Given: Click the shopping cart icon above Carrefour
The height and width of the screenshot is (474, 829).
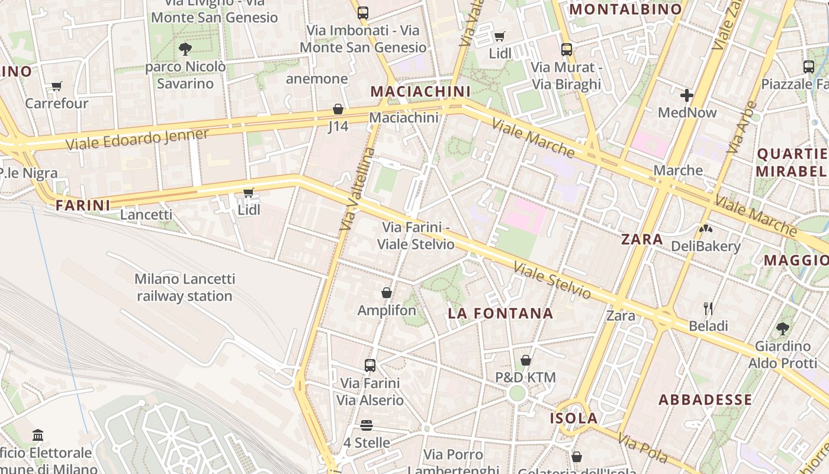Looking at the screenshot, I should [57, 87].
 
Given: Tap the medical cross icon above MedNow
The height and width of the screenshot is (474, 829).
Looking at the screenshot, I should [687, 95].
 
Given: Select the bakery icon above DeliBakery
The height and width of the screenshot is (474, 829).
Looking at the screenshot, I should [705, 228].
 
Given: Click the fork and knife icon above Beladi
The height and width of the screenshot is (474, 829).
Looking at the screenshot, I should [708, 308].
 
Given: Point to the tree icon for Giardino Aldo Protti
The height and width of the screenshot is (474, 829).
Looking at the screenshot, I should [782, 328].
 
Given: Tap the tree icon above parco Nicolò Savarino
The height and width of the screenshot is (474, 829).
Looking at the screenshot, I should [185, 49].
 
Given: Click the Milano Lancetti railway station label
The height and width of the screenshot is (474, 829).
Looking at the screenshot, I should [185, 287].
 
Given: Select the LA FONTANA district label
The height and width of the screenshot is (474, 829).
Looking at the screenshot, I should [500, 313].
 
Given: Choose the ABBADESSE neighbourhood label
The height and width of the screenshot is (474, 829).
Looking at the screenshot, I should [705, 399].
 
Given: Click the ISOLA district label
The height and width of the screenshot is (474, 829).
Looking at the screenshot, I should [574, 418].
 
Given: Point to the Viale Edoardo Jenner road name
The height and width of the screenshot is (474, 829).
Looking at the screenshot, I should [137, 139].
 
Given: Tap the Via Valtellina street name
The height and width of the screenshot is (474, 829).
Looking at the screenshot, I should [358, 190].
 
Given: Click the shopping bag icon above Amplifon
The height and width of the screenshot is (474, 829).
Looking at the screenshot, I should [387, 293].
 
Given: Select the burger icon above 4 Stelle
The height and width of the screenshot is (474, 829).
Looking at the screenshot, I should [367, 425].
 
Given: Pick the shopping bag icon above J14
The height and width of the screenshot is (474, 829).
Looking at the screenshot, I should [338, 109].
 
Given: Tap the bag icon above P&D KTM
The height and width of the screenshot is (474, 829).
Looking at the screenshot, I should [525, 360].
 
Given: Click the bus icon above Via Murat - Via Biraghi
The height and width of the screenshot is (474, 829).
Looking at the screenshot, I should [567, 50].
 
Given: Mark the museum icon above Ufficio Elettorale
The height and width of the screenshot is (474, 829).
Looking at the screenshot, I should [38, 435].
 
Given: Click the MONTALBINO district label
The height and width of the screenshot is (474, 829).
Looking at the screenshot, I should [626, 9].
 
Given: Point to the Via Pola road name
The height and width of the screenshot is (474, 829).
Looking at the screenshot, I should [642, 449].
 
